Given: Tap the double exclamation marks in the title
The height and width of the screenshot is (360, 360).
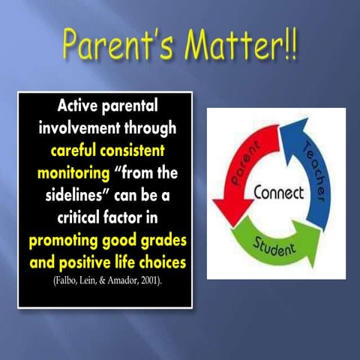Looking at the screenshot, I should [290, 46].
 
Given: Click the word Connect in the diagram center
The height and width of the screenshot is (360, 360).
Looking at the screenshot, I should [278, 193].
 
